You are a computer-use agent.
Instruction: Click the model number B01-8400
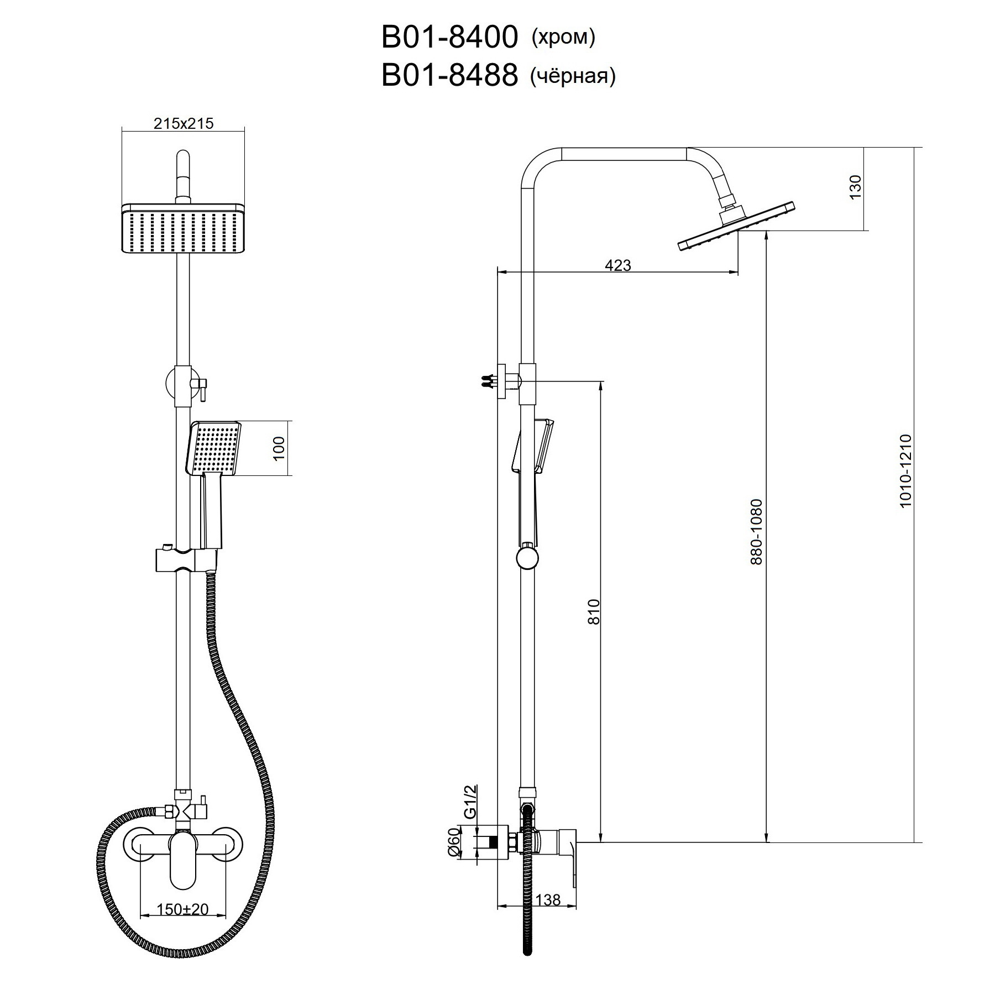pos(449,38)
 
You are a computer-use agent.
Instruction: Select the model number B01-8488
pos(449,75)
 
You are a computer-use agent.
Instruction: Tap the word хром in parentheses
pos(563,38)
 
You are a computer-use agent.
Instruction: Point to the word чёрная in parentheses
pos(573,76)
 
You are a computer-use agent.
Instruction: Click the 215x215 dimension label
pos(184,123)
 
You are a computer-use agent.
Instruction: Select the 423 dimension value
pos(617,265)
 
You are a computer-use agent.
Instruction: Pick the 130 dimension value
pos(855,187)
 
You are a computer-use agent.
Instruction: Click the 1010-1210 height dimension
pos(905,472)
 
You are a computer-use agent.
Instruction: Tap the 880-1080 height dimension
pos(756,532)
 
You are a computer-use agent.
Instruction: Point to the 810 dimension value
pos(593,611)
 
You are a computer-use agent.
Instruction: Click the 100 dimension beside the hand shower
pos(279,448)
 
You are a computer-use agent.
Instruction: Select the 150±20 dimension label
pos(182,908)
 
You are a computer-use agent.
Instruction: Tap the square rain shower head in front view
pos(183,228)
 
